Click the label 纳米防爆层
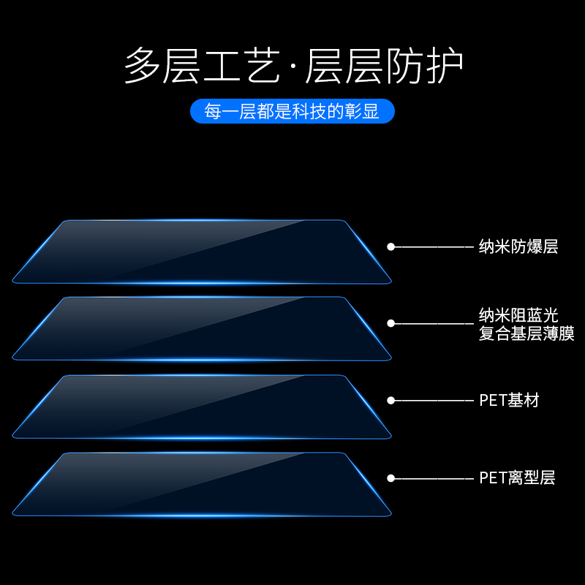(518, 247)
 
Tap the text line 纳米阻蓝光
(518, 315)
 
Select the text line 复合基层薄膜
(526, 335)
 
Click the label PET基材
(509, 401)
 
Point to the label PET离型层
(517, 478)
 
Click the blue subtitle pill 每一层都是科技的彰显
(292, 111)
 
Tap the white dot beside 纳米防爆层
(390, 247)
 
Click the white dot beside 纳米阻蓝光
(390, 323)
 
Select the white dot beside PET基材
(390, 401)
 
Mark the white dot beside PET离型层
(390, 478)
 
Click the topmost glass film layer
(202, 252)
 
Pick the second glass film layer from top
(202, 328)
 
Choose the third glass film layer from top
(202, 407)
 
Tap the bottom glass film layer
(202, 484)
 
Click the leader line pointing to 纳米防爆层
(434, 247)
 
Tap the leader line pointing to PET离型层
(434, 478)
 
